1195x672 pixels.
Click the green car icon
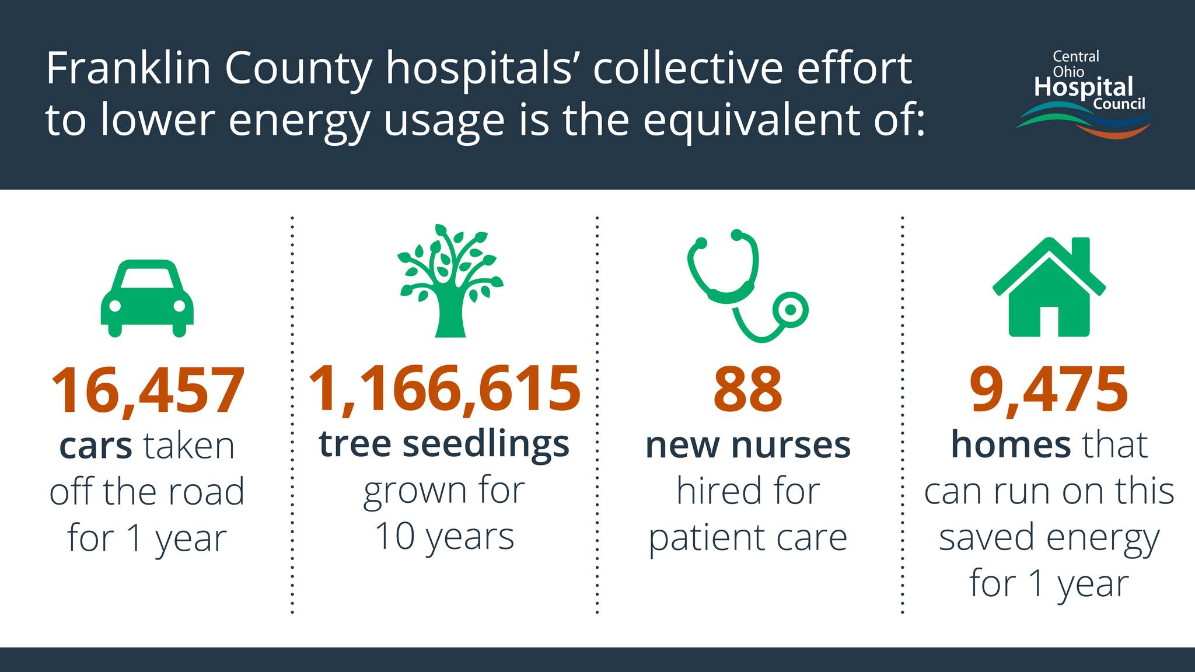point(147,298)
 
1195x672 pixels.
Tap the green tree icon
point(450,281)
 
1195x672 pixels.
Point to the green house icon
point(1049,287)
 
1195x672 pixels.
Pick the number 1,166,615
point(445,389)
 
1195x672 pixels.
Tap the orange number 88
point(747,389)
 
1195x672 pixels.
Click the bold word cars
point(96,446)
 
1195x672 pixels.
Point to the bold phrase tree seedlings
point(444,446)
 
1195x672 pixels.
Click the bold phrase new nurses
point(748,446)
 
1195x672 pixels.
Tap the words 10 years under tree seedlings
point(445,537)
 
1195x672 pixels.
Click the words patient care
point(748,538)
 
